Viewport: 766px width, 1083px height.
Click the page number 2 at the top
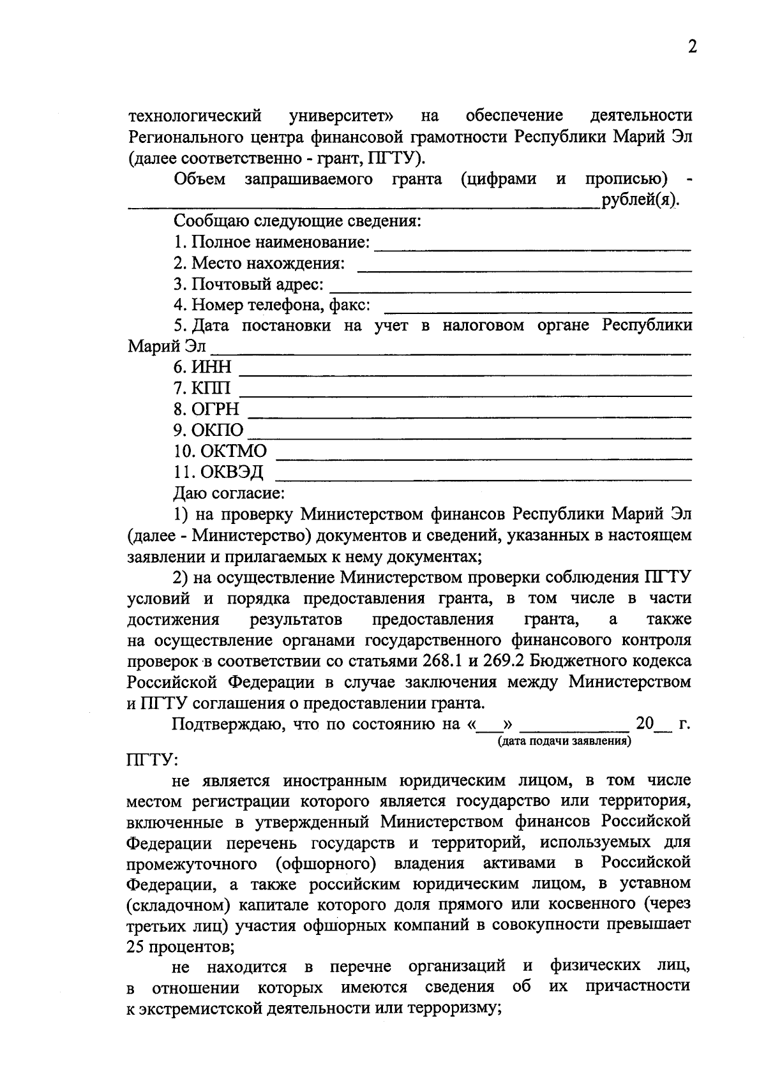pos(692,47)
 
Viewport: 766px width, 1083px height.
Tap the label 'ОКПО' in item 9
pos(218,430)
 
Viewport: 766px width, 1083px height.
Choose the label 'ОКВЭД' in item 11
pos(232,472)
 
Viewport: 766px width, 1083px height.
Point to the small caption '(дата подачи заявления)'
pos(564,741)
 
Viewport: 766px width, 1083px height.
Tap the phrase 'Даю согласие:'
pos(229,493)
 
